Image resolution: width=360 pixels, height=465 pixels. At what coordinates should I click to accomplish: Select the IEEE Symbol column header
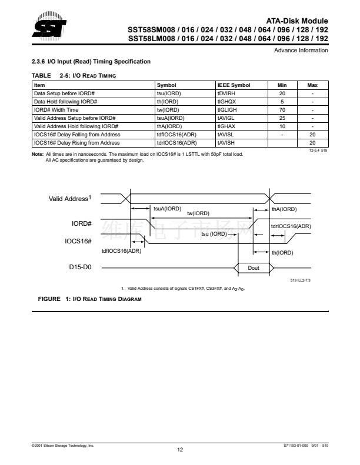pyautogui.click(x=234, y=85)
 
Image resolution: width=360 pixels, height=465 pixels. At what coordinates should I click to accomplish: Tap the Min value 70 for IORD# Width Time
pyautogui.click(x=282, y=109)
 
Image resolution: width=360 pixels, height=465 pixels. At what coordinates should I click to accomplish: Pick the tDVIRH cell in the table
pyautogui.click(x=226, y=93)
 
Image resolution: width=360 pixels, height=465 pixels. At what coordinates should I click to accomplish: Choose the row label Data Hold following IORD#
pyautogui.click(x=64, y=101)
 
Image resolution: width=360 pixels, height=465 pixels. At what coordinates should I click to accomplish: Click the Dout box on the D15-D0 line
pyautogui.click(x=253, y=267)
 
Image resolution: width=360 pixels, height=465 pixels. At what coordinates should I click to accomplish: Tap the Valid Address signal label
pyautogui.click(x=69, y=199)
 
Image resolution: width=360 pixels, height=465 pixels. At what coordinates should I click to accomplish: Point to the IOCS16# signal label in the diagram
pyautogui.click(x=78, y=241)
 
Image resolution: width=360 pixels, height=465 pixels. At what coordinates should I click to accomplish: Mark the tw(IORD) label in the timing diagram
pyautogui.click(x=198, y=214)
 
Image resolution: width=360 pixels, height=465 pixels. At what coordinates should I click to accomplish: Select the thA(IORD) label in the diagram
pyautogui.click(x=284, y=209)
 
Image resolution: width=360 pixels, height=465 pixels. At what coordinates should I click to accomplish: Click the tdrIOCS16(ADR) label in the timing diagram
pyautogui.click(x=291, y=226)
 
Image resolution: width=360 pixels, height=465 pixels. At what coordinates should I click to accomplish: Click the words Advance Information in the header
pyautogui.click(x=301, y=51)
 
